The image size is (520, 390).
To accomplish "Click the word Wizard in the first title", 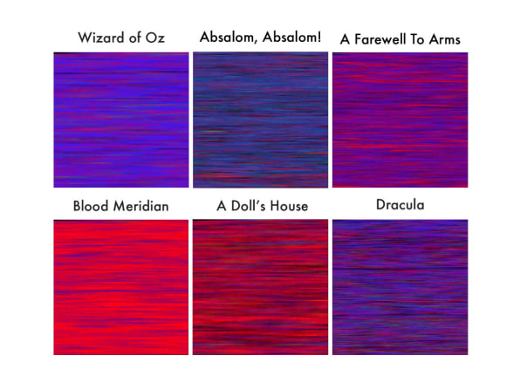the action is pyautogui.click(x=101, y=38).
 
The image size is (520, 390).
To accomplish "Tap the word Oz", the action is pyautogui.click(x=155, y=38).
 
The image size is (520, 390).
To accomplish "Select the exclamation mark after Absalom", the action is pyautogui.click(x=318, y=37).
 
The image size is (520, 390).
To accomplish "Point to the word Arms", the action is pyautogui.click(x=444, y=39).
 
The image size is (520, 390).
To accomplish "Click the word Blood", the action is pyautogui.click(x=91, y=206).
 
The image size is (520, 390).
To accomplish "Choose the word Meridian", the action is pyautogui.click(x=141, y=206).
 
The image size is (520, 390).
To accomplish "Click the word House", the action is pyautogui.click(x=289, y=206).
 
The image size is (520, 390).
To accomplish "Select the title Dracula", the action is pyautogui.click(x=400, y=205).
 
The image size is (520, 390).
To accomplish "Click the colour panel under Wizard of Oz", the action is pyautogui.click(x=121, y=120).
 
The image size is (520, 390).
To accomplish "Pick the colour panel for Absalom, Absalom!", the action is pyautogui.click(x=260, y=120).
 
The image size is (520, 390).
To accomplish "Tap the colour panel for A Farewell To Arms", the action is pyautogui.click(x=400, y=120).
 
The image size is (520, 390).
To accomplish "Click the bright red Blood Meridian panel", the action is pyautogui.click(x=121, y=287).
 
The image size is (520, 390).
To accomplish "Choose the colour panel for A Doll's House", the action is pyautogui.click(x=260, y=287).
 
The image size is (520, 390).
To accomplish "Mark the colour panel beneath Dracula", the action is pyautogui.click(x=400, y=287).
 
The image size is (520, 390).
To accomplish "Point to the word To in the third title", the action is pyautogui.click(x=417, y=39).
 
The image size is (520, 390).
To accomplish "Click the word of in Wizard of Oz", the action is pyautogui.click(x=134, y=38).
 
